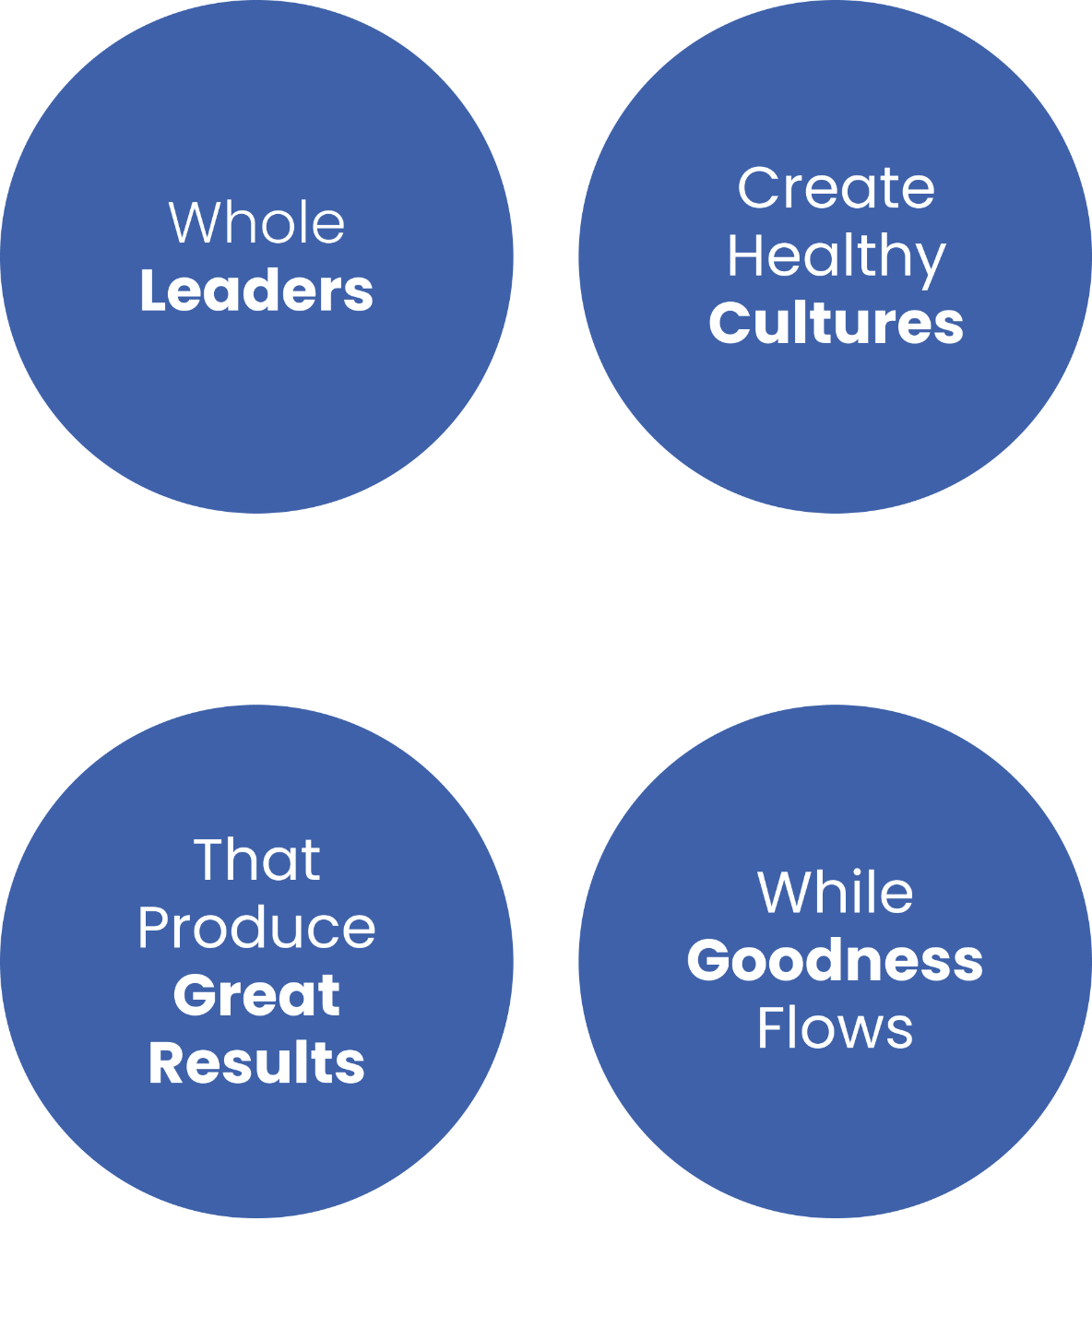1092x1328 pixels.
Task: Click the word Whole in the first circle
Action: click(256, 223)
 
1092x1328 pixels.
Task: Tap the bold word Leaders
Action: click(256, 290)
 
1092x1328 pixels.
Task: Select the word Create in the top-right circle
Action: click(836, 188)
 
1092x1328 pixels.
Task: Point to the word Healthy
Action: click(836, 255)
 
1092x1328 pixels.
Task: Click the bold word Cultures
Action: click(836, 323)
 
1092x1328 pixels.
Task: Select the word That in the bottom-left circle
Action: click(256, 860)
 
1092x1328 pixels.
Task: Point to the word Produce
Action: click(256, 927)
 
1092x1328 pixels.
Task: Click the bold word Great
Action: click(256, 995)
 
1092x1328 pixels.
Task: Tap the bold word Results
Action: click(256, 1062)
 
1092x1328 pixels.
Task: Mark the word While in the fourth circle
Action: click(836, 893)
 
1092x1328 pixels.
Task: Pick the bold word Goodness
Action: click(836, 961)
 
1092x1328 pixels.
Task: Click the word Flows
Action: click(836, 1027)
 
